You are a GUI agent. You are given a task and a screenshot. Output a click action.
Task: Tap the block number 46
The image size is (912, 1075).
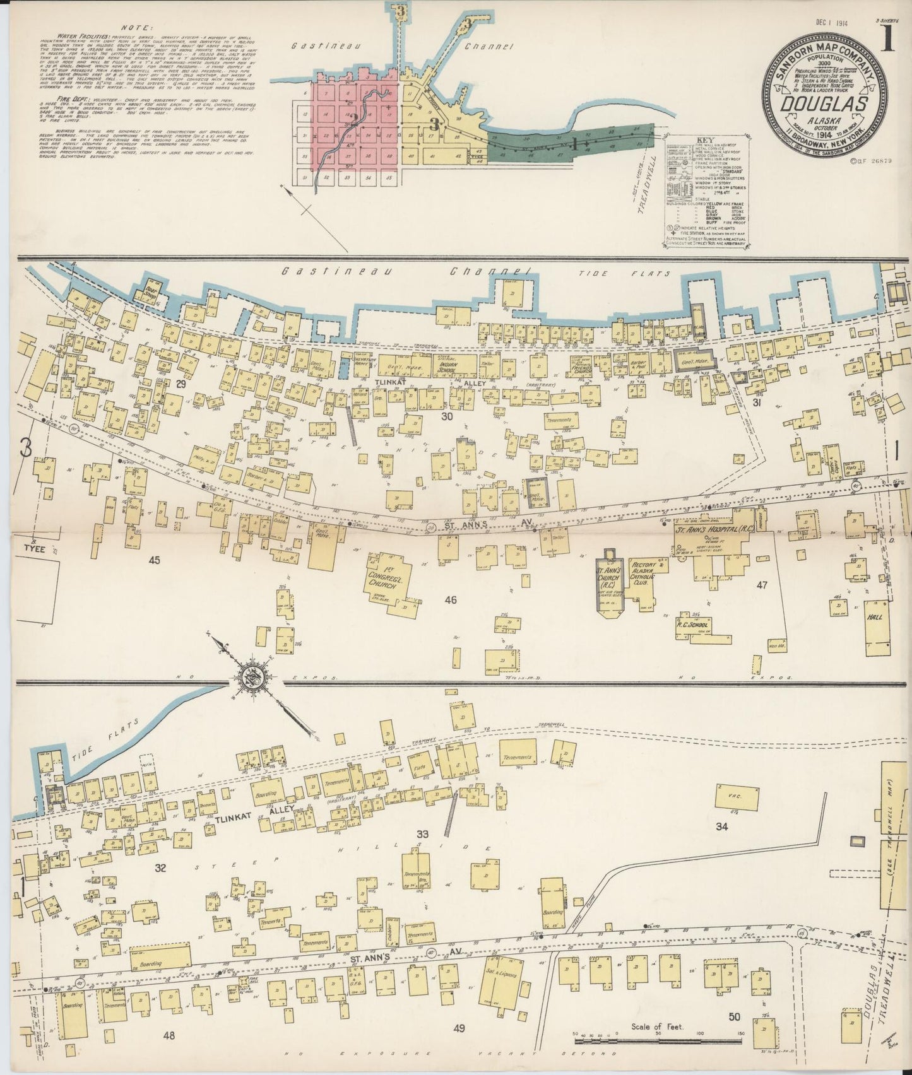(x=450, y=600)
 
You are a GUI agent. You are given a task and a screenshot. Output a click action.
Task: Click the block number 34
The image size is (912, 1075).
(x=721, y=826)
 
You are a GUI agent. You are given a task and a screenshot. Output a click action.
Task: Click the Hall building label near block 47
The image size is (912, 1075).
(x=875, y=618)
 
